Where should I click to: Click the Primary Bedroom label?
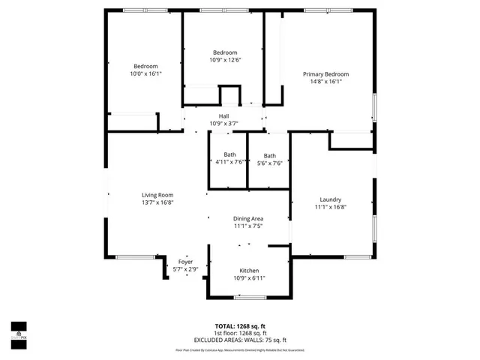point(325,74)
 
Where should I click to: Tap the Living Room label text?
point(157,195)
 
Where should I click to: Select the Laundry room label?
point(330,199)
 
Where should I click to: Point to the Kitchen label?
point(249,270)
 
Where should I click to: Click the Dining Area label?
point(247,217)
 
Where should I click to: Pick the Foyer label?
point(185,262)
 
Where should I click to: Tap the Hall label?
point(223,116)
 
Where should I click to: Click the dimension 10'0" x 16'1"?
point(145,74)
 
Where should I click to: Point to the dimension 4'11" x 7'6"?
point(229,162)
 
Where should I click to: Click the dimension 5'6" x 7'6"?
point(269,163)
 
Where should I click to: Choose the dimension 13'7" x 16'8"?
point(157,202)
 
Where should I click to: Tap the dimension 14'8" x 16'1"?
point(325,82)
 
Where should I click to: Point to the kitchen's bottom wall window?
point(249,298)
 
